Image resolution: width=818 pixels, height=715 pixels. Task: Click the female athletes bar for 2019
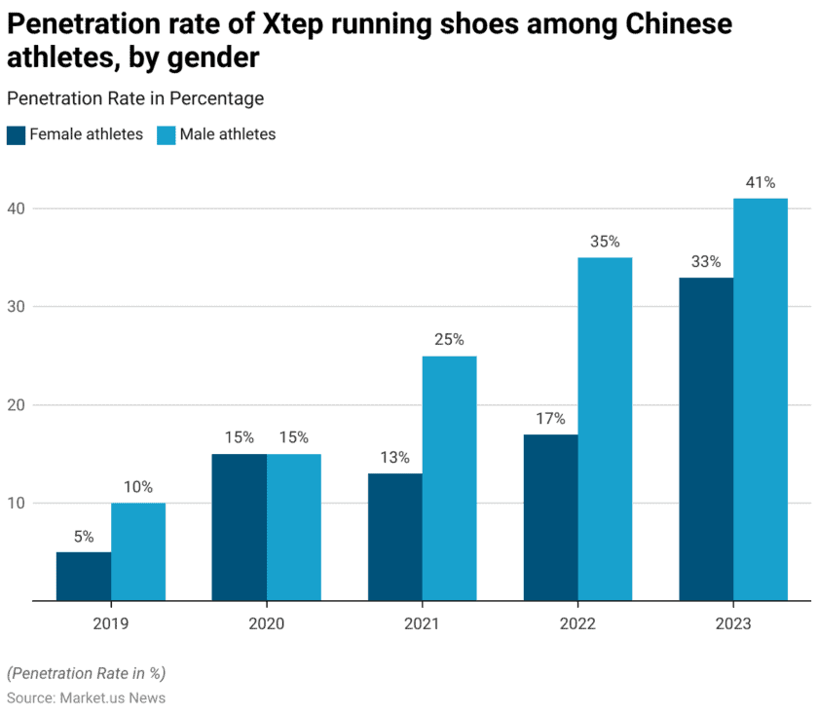(84, 577)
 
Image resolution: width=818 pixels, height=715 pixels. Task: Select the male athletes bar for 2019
(138, 552)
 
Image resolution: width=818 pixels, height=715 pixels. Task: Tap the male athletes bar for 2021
(449, 478)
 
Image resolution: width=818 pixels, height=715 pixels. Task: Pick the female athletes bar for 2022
(550, 517)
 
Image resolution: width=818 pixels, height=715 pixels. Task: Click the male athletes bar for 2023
(761, 399)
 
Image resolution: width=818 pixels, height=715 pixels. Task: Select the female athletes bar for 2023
(706, 439)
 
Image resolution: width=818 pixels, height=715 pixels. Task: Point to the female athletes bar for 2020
(240, 527)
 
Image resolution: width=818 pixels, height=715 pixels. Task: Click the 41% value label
(761, 182)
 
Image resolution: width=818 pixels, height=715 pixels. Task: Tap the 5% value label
(84, 536)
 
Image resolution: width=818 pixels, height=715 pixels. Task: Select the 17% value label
(550, 418)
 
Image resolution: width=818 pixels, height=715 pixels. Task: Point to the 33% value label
(706, 261)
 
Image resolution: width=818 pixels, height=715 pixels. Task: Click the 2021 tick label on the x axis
(422, 623)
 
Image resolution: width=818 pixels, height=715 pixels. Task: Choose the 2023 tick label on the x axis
(733, 623)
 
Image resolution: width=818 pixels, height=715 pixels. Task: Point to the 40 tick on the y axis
(18, 208)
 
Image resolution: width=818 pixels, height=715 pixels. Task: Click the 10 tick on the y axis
(18, 503)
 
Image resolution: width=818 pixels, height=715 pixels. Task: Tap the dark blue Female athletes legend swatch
(16, 134)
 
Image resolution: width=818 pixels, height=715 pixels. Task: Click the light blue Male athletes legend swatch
(166, 134)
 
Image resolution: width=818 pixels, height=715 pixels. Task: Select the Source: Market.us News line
(86, 697)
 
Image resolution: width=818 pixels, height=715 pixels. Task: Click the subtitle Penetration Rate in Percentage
(135, 98)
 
